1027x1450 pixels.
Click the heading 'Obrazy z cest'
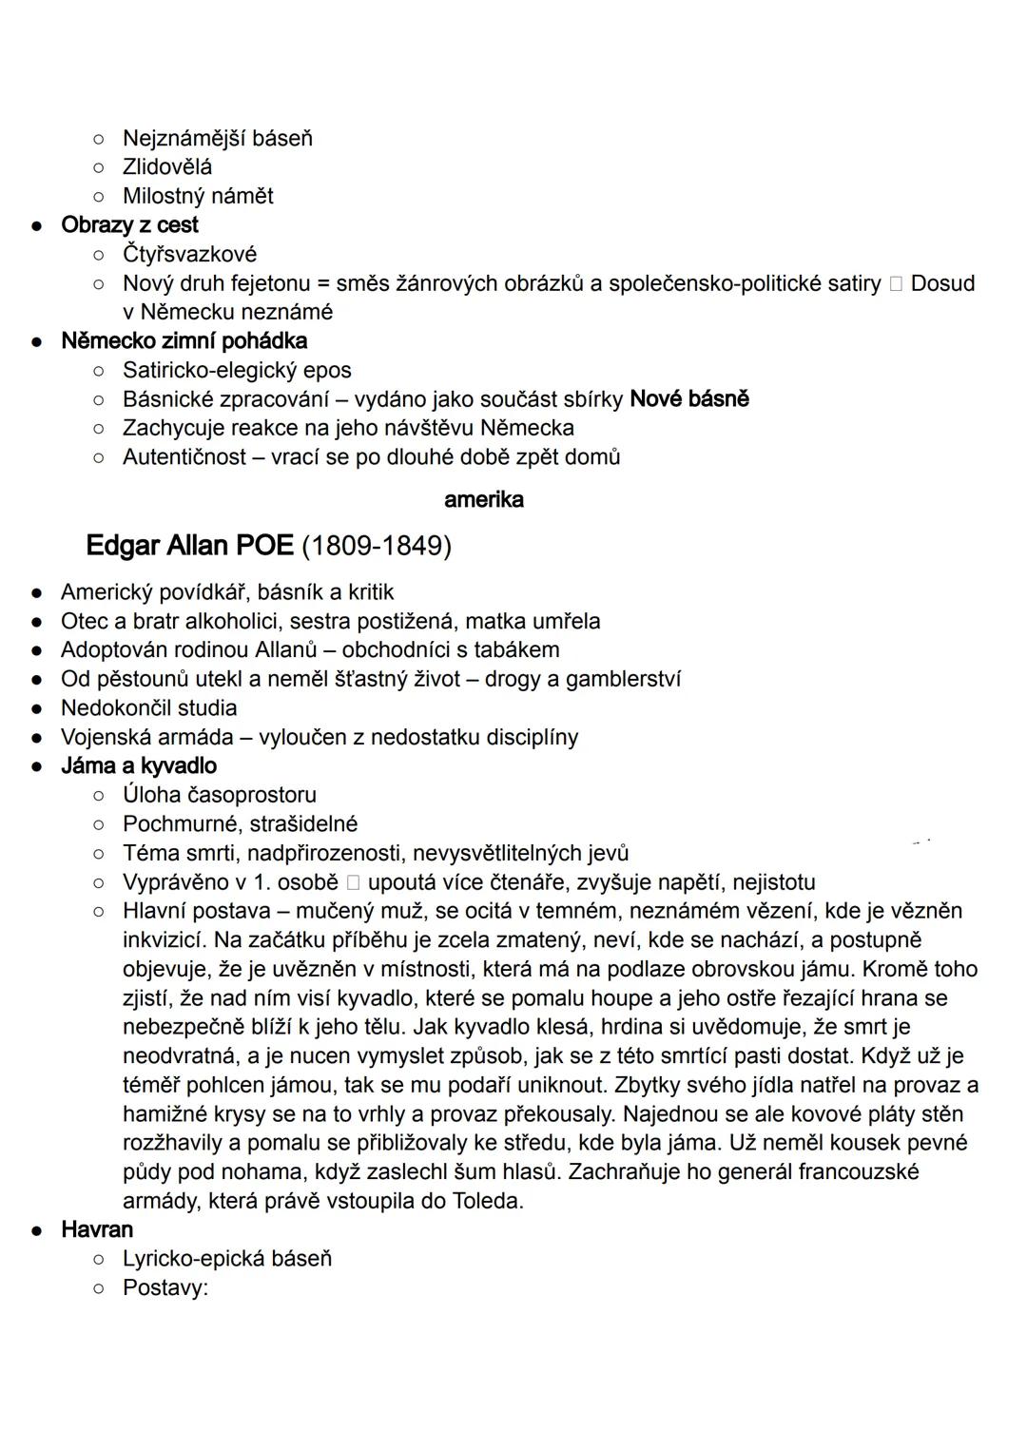coord(129,225)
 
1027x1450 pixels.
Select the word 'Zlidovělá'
coord(167,167)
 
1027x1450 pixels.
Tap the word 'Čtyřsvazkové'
coord(189,255)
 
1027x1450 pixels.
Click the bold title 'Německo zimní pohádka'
coord(184,341)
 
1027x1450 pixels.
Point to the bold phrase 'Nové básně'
coord(689,399)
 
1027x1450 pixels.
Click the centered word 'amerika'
coord(483,500)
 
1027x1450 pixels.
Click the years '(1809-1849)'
coord(377,547)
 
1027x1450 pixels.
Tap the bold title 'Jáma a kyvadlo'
coord(139,766)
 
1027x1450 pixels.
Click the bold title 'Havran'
coord(97,1230)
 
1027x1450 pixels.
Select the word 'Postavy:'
coord(165,1288)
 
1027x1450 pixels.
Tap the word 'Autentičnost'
coord(184,457)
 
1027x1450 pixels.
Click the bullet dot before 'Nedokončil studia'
coord(36,709)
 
